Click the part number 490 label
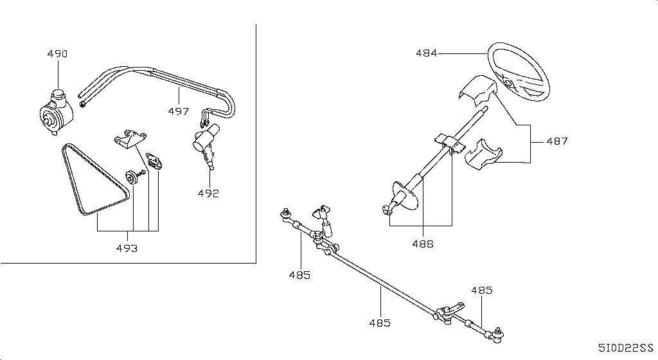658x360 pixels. (57, 54)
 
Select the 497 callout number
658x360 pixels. (179, 111)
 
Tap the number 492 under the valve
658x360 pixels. (209, 194)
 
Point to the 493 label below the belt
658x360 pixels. (127, 248)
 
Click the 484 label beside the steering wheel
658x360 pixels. (427, 53)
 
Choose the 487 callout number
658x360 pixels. (557, 141)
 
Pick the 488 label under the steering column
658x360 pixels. (423, 244)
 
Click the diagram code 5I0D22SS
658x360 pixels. (626, 348)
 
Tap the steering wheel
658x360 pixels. (519, 72)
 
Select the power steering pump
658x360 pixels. (56, 113)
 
